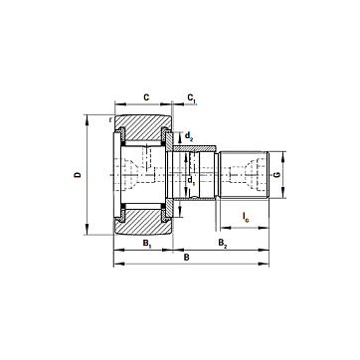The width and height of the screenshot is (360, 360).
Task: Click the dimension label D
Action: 78,174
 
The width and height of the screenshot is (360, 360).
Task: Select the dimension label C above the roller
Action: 146,97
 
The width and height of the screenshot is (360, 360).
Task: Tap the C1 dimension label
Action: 192,97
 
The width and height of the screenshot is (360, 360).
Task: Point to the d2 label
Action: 189,135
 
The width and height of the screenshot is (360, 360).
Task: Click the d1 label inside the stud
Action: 191,181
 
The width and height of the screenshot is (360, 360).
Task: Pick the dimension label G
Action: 277,174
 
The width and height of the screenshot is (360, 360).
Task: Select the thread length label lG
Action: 246,217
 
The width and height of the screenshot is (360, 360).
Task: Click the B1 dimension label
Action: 147,243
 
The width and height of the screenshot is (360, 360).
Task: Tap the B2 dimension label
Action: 223,243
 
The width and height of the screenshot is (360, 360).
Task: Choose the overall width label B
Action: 187,258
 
